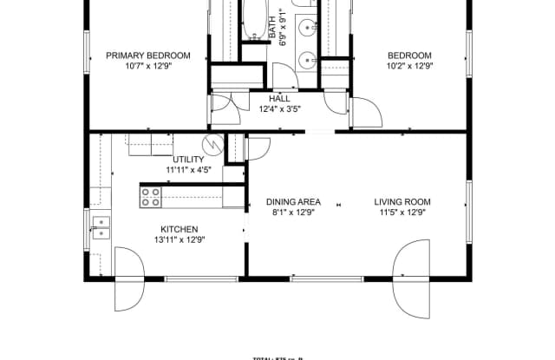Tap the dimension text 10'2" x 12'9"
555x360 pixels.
(x=409, y=66)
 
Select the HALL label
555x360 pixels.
(x=279, y=98)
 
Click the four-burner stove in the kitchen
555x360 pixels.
(x=151, y=198)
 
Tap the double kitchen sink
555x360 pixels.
(x=101, y=227)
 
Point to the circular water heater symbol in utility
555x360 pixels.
(x=209, y=145)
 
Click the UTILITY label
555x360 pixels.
(x=188, y=160)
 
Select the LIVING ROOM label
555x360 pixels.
(x=402, y=202)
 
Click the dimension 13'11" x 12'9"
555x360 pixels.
(x=180, y=240)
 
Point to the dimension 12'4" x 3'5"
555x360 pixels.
(x=279, y=109)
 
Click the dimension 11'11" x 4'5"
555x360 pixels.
(x=188, y=171)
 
